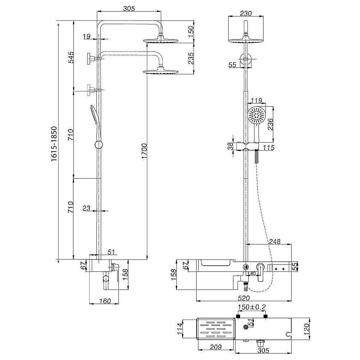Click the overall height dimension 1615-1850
tap(54, 144)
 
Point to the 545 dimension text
tap(71, 58)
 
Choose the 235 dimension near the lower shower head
tap(191, 58)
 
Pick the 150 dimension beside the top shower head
tap(191, 30)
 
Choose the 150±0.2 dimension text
tap(251, 307)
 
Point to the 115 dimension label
tap(269, 147)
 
